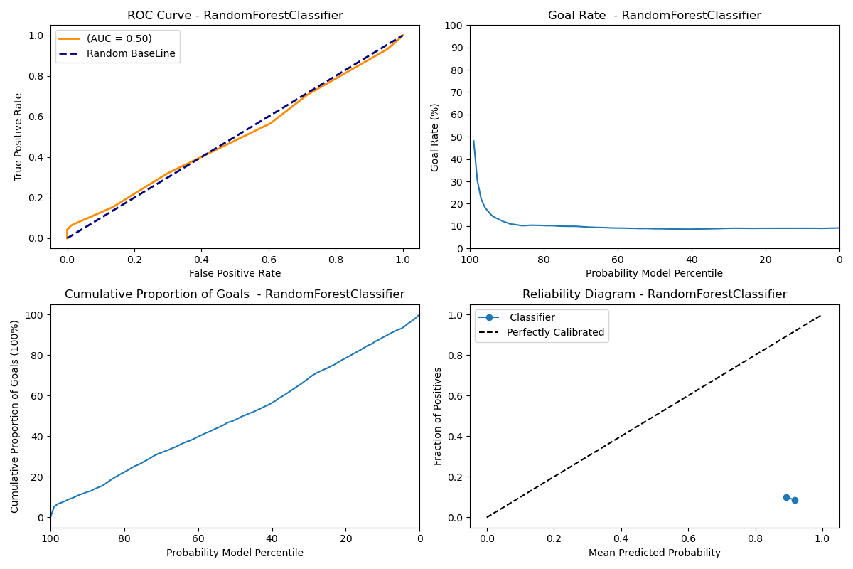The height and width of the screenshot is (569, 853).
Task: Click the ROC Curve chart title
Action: point(235,16)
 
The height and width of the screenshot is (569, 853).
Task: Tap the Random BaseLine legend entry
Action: point(136,53)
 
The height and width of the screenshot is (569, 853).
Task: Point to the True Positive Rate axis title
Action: point(18,137)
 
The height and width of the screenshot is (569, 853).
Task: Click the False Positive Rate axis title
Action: point(235,273)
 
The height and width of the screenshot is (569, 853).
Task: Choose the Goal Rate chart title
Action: point(654,16)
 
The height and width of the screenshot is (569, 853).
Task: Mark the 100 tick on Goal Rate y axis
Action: point(455,26)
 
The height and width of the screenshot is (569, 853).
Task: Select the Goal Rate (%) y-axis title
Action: point(435,137)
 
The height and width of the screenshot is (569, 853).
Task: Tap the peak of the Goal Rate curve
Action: point(473,141)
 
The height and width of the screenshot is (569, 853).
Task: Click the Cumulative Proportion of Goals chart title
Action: point(235,294)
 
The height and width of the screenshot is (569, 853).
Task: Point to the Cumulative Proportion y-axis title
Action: point(16,415)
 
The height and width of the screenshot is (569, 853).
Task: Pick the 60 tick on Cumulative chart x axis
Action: point(198,538)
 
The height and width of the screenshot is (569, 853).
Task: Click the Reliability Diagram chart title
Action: point(654,294)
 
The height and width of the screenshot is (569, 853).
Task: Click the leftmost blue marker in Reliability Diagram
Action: point(786,497)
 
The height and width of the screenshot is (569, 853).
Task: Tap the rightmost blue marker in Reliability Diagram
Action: point(795,500)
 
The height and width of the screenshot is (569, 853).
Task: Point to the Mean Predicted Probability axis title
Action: point(654,553)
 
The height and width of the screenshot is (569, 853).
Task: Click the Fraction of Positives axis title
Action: point(438,415)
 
